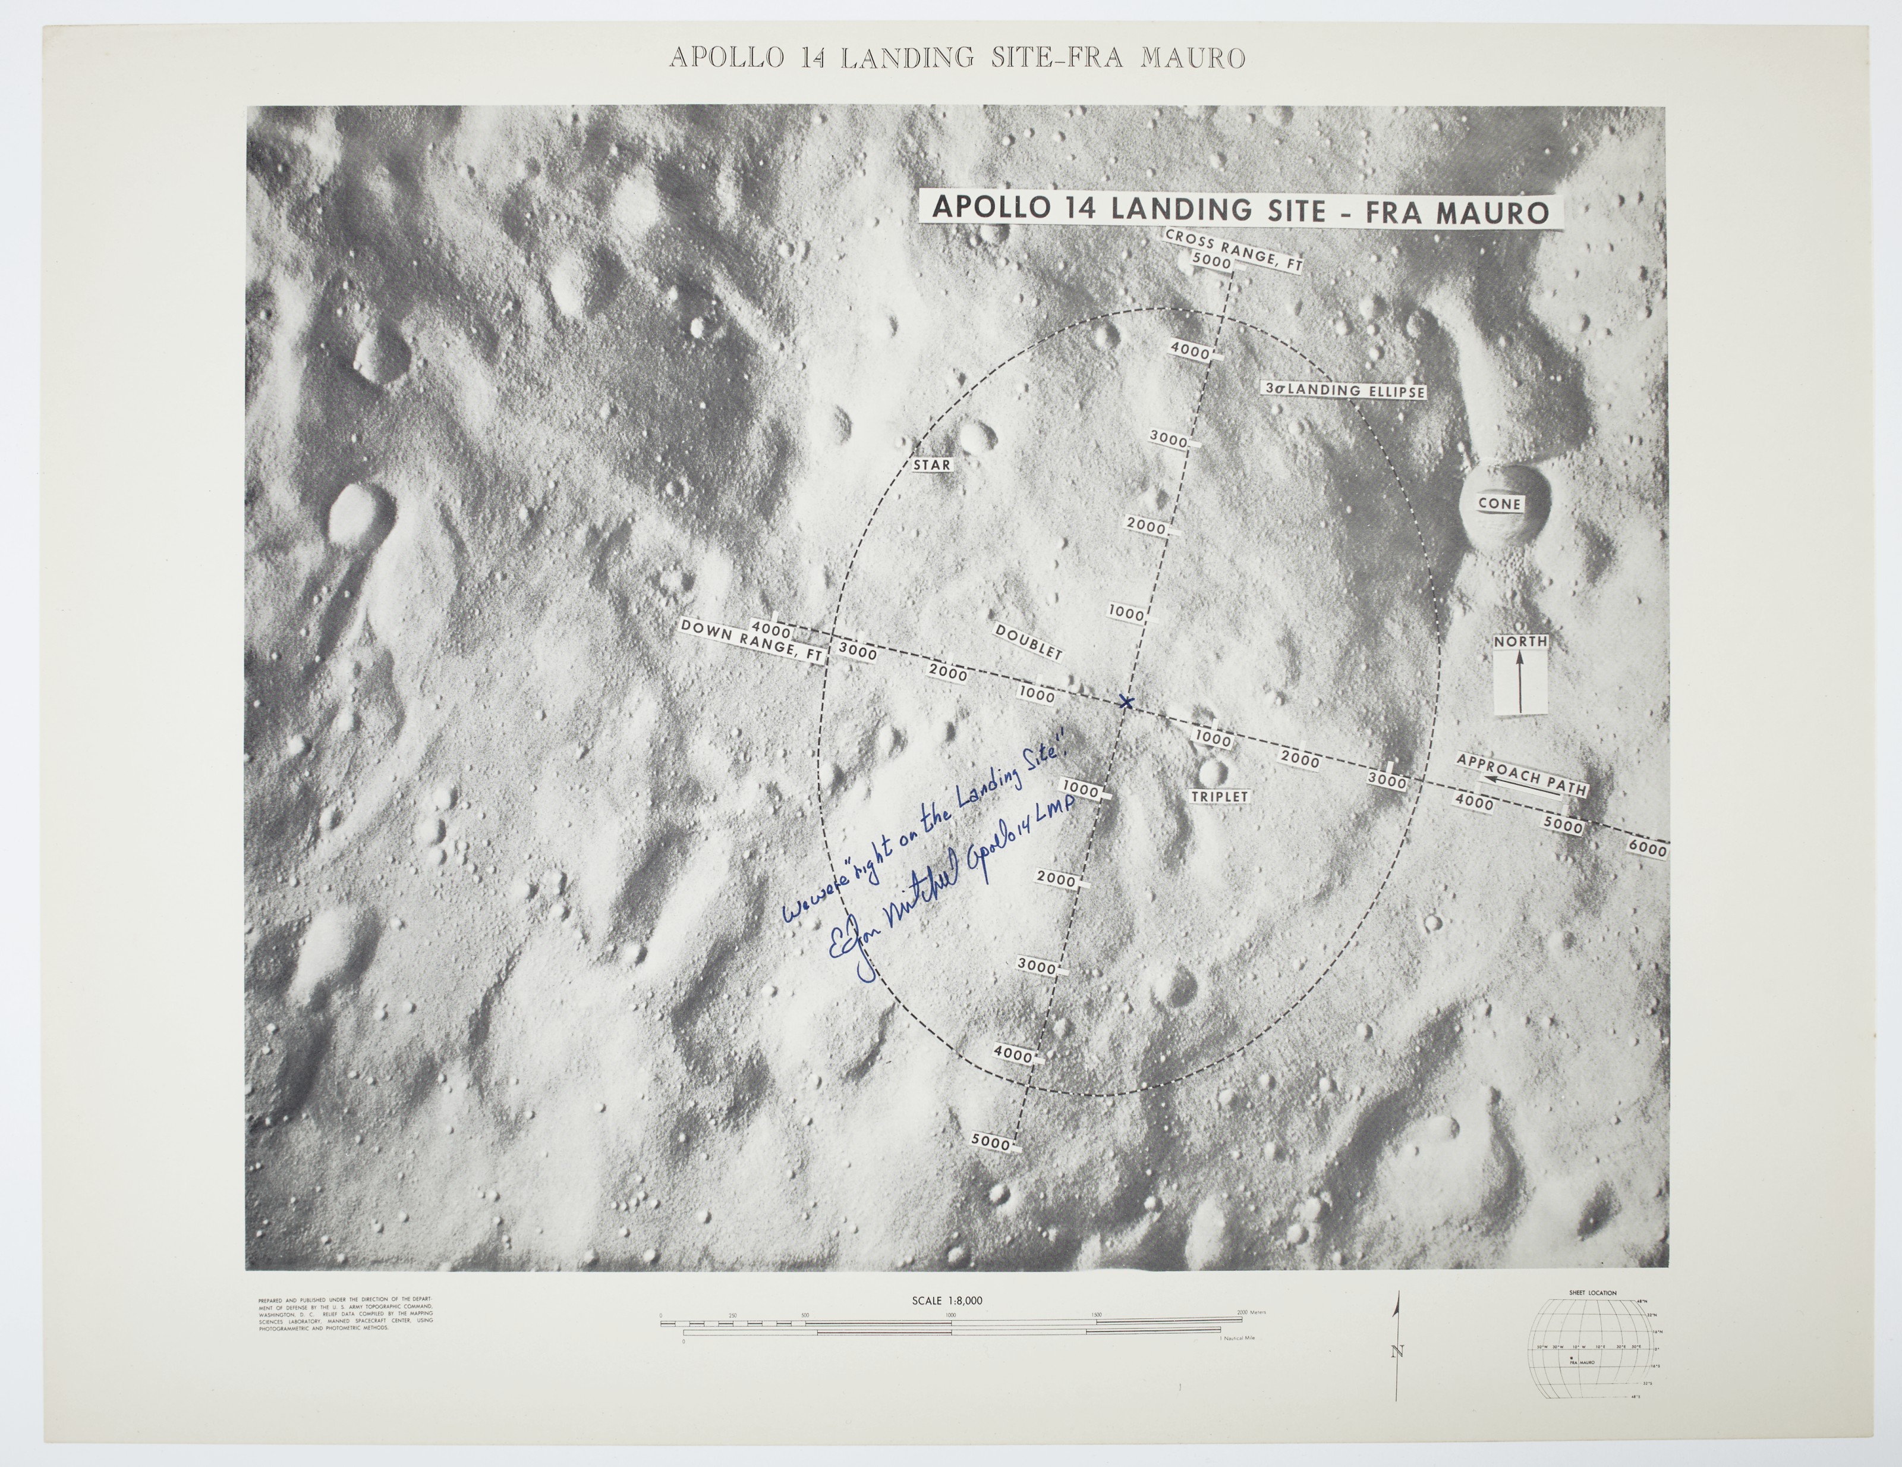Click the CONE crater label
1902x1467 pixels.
(x=1499, y=504)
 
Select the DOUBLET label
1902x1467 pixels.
(x=1028, y=641)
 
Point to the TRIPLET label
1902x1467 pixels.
(x=1219, y=796)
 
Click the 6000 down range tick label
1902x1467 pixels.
(x=1645, y=849)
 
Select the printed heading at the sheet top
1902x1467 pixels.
(x=956, y=58)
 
